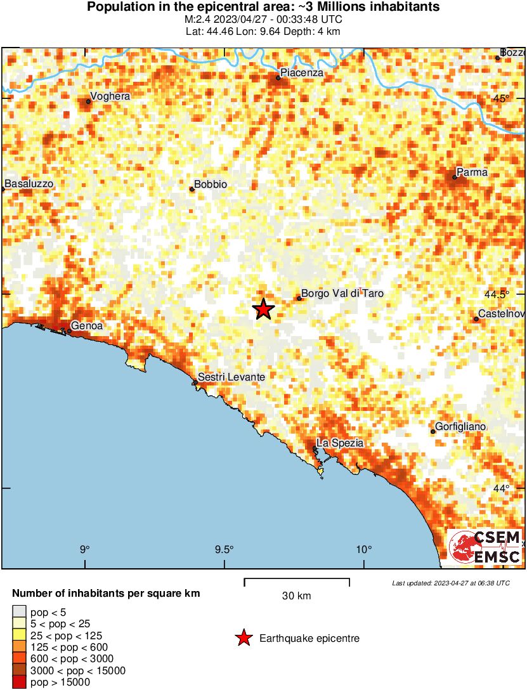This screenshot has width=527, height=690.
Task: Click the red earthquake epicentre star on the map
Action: pyautogui.click(x=263, y=309)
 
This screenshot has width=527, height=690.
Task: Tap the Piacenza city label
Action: pyautogui.click(x=302, y=73)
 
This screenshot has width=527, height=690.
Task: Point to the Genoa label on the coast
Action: pyautogui.click(x=87, y=326)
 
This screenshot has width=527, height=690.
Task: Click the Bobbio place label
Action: pyautogui.click(x=211, y=185)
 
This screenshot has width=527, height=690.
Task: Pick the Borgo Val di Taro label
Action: pyautogui.click(x=342, y=294)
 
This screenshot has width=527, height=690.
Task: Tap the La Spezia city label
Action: pyautogui.click(x=341, y=443)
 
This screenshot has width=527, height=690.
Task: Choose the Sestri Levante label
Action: pyautogui.click(x=231, y=377)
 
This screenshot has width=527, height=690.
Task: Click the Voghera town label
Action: pyautogui.click(x=110, y=96)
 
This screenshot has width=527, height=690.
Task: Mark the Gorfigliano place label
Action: pyautogui.click(x=460, y=427)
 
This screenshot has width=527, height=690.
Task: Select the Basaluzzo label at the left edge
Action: pyautogui.click(x=29, y=184)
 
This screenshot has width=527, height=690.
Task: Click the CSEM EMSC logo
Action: pyautogui.click(x=486, y=547)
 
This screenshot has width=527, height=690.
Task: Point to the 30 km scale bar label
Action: pyautogui.click(x=296, y=596)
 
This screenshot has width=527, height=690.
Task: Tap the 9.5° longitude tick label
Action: pyautogui.click(x=224, y=549)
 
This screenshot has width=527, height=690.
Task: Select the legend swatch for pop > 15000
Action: pyautogui.click(x=19, y=682)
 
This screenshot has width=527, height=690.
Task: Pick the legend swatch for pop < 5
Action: pyautogui.click(x=19, y=613)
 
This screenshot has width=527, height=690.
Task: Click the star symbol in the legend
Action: pyautogui.click(x=244, y=639)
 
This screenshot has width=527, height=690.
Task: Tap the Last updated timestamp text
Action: pyautogui.click(x=451, y=583)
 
